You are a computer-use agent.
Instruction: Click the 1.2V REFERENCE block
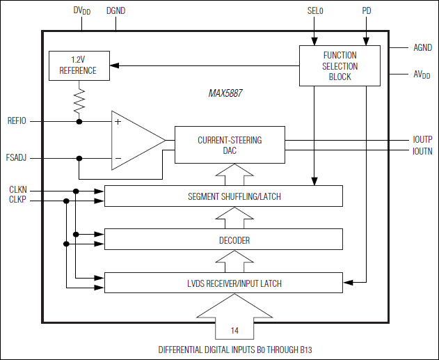point(78,65)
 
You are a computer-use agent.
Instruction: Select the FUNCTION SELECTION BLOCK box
point(340,65)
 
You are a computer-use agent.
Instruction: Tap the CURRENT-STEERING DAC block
point(230,145)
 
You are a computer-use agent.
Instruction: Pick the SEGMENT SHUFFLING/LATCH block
point(223,196)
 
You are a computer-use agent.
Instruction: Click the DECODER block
point(223,240)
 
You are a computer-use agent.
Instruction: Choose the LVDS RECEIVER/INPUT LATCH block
point(223,283)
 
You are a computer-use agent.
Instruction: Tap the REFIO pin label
point(17,121)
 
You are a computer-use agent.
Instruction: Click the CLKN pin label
point(18,189)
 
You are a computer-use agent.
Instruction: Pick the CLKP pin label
point(18,201)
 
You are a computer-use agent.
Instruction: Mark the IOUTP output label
point(422,139)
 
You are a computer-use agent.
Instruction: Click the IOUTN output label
point(422,150)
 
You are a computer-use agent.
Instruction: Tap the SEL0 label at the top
point(315,12)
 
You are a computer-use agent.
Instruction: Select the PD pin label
point(367,12)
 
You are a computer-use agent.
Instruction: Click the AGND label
point(422,48)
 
